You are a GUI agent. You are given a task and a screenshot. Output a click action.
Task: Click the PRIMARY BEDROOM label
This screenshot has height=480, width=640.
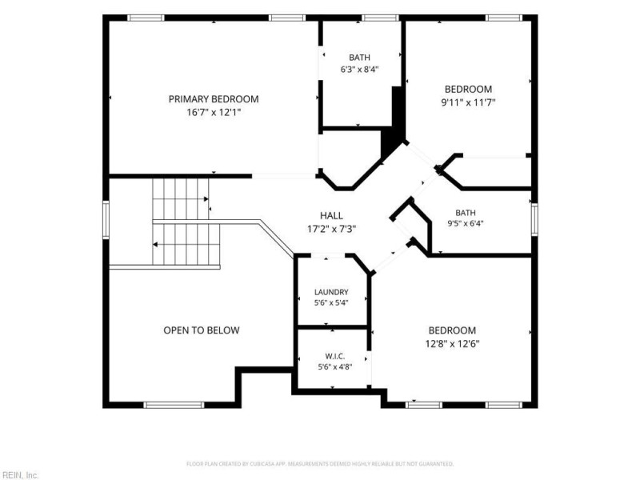214,99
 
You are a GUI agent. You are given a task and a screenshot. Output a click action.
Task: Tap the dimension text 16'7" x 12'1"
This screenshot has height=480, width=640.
214,112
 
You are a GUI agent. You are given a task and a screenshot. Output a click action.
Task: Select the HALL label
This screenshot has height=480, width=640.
331,215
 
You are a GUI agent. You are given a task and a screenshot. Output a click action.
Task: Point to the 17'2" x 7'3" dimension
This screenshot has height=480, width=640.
331,229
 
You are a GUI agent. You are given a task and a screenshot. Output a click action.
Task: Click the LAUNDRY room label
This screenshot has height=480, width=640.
331,292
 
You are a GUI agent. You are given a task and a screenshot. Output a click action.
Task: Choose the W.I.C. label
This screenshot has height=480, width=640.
335,356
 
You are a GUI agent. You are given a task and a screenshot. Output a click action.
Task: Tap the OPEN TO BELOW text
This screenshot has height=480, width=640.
202,330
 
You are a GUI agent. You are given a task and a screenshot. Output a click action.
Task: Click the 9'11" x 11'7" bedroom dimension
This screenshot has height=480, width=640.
468,102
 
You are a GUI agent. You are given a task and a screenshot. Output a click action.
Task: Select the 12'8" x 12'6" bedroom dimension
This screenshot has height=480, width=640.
452,344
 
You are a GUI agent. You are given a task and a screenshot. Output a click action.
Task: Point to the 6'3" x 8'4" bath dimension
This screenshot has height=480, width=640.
359,70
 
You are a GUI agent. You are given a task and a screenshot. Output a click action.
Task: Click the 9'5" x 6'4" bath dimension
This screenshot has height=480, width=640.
466,223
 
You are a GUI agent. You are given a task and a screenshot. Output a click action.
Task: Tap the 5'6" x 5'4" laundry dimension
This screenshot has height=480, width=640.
331,303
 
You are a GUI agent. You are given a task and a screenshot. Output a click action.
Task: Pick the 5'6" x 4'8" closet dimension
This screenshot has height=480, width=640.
335,366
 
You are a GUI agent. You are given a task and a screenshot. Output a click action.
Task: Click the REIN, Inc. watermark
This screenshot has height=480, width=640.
19,475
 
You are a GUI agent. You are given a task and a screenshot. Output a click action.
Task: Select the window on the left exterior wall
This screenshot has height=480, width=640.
106,220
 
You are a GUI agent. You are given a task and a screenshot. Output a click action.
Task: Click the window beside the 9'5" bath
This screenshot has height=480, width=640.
534,220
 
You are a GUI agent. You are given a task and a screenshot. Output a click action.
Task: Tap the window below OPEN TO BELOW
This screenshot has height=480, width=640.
174,405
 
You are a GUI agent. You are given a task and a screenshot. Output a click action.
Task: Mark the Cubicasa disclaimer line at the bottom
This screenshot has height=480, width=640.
320,464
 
